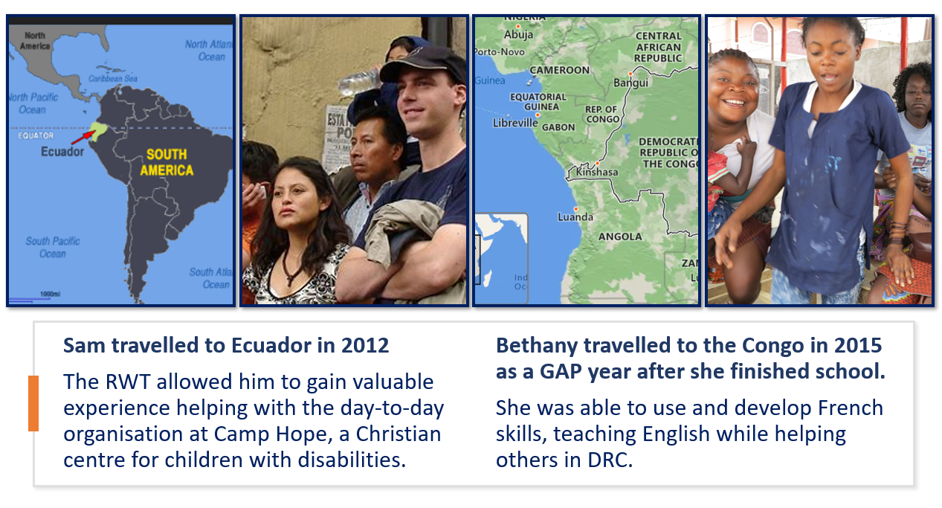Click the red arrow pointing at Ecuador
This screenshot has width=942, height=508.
pyautogui.click(x=83, y=137)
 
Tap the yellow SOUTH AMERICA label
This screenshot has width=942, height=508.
pyautogui.click(x=167, y=162)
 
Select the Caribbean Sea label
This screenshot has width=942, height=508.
pyautogui.click(x=113, y=79)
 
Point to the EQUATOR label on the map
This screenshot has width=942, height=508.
pyautogui.click(x=36, y=135)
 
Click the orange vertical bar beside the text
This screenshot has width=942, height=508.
pyautogui.click(x=33, y=403)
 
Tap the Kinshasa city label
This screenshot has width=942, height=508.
pyautogui.click(x=597, y=172)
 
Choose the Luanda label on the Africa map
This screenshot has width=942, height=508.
pyautogui.click(x=575, y=217)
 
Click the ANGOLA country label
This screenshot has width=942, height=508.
pyautogui.click(x=620, y=237)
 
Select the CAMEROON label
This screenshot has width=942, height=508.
pyautogui.click(x=559, y=70)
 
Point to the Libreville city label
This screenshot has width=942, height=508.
pyautogui.click(x=515, y=123)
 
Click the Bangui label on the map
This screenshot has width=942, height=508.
pyautogui.click(x=630, y=83)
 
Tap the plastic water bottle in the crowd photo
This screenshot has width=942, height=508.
pyautogui.click(x=361, y=82)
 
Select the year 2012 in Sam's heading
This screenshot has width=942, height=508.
pyautogui.click(x=365, y=345)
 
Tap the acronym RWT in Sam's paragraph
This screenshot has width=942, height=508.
pyautogui.click(x=128, y=382)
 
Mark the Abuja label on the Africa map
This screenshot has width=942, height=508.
pyautogui.click(x=518, y=34)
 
